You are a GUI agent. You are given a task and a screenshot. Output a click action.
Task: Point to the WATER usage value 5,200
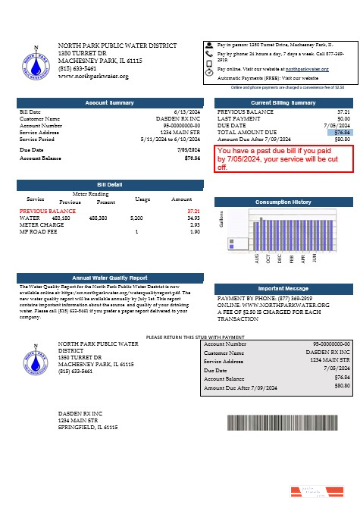point(136,218)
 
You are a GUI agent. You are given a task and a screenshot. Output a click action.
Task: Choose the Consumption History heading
point(283,202)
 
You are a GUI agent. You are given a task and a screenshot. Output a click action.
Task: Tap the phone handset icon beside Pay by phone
point(209,55)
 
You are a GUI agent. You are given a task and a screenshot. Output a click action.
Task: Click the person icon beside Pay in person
point(209,45)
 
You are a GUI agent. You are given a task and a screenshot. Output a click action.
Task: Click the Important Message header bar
point(283,289)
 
